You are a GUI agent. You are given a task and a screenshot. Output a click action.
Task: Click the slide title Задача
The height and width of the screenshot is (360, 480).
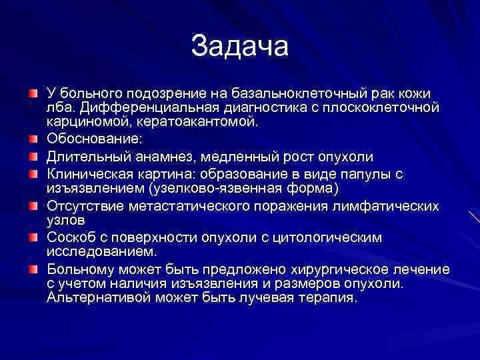[x=239, y=46]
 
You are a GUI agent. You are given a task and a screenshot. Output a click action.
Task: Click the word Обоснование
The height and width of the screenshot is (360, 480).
[x=95, y=140]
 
